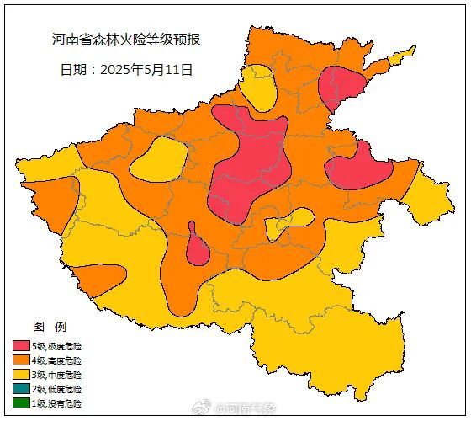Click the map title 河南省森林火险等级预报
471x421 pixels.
[125, 40]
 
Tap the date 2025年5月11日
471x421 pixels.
[126, 70]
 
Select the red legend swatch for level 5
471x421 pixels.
[22, 346]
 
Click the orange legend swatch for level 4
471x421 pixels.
[22, 360]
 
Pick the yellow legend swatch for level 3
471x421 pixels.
[22, 375]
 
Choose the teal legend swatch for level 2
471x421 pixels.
[22, 389]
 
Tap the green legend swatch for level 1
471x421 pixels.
[22, 403]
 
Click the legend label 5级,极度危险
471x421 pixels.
[57, 346]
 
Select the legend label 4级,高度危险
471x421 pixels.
[57, 360]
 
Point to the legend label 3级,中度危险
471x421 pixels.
[57, 375]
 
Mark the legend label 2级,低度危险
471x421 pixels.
[57, 389]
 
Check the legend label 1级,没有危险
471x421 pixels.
[57, 403]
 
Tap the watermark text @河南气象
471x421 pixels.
[246, 409]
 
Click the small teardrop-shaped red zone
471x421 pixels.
[197, 249]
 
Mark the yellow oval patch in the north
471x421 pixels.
[258, 87]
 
